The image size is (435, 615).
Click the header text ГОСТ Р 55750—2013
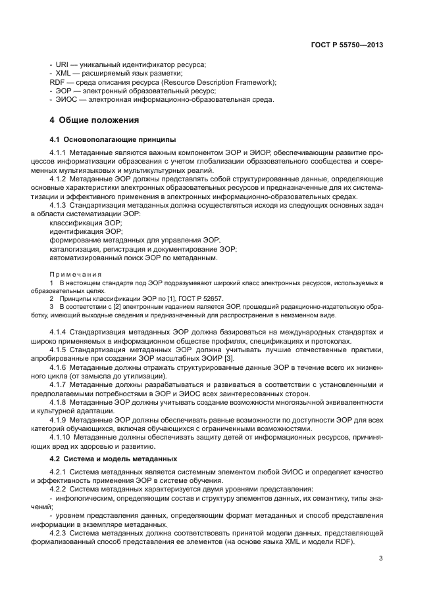[347, 45]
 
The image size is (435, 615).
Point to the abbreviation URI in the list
[62, 64]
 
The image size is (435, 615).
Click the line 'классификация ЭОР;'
[81, 223]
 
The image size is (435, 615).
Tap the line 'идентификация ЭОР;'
[82, 232]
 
